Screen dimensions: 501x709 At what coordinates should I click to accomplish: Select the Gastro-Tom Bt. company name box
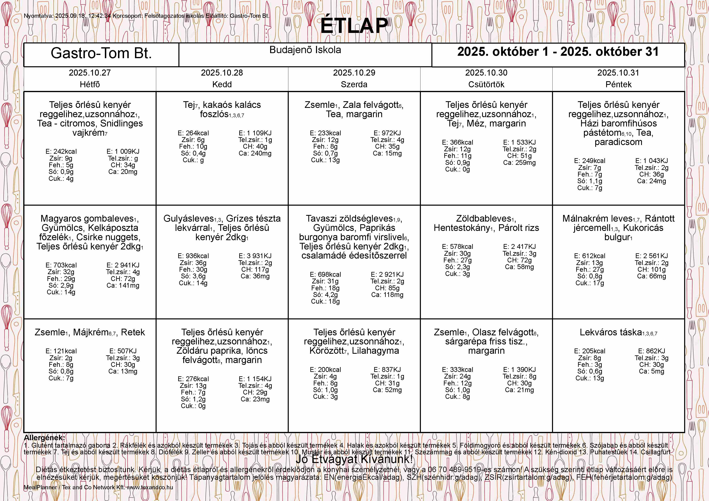click(x=101, y=53)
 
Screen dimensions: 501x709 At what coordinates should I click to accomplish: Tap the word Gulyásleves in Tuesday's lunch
click(x=188, y=219)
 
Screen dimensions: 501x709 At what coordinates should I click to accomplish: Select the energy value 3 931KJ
click(x=255, y=256)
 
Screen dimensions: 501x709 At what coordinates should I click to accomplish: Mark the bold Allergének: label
click(x=44, y=438)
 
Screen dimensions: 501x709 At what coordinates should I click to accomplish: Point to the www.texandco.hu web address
click(x=150, y=487)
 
